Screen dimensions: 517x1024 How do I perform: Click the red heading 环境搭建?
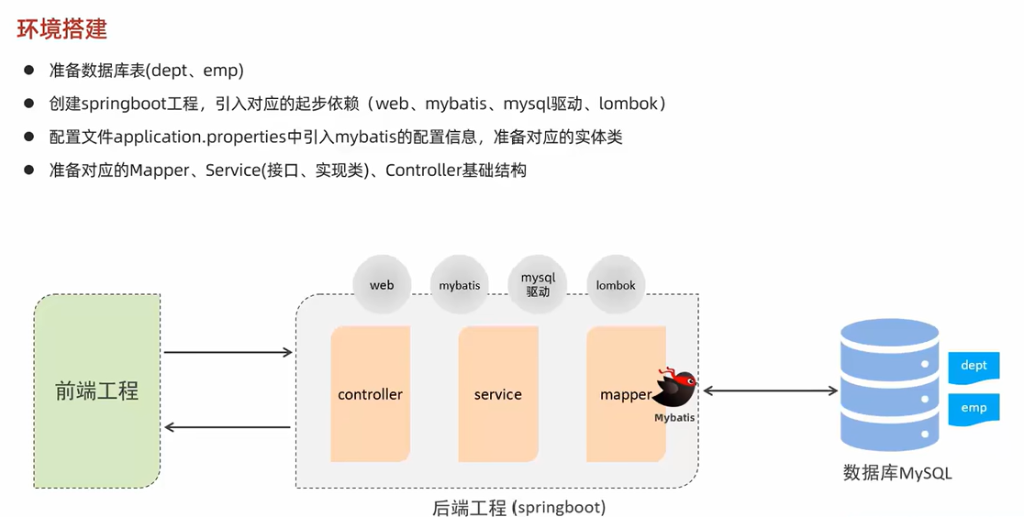point(62,28)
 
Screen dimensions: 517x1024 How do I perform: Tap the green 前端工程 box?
point(97,391)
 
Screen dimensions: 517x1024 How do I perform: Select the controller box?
point(370,394)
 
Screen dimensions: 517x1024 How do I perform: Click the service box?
point(497,394)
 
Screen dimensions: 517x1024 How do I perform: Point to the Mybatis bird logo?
point(675,389)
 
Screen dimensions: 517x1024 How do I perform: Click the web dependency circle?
point(382,285)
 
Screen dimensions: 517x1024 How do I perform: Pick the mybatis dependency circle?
point(460,285)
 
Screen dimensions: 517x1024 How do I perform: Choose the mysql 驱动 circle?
point(538,284)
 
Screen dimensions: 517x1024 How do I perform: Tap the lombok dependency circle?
point(616,285)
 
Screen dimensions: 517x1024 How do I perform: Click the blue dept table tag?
point(974,366)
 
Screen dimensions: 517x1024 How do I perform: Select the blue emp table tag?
point(974,408)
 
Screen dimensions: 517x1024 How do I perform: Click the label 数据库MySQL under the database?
point(897,473)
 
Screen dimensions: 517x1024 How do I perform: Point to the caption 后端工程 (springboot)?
point(518,507)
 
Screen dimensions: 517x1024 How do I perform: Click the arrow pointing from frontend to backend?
point(228,352)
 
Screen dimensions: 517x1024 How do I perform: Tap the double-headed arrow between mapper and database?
point(770,391)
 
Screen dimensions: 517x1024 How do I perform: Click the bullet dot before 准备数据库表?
point(29,71)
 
